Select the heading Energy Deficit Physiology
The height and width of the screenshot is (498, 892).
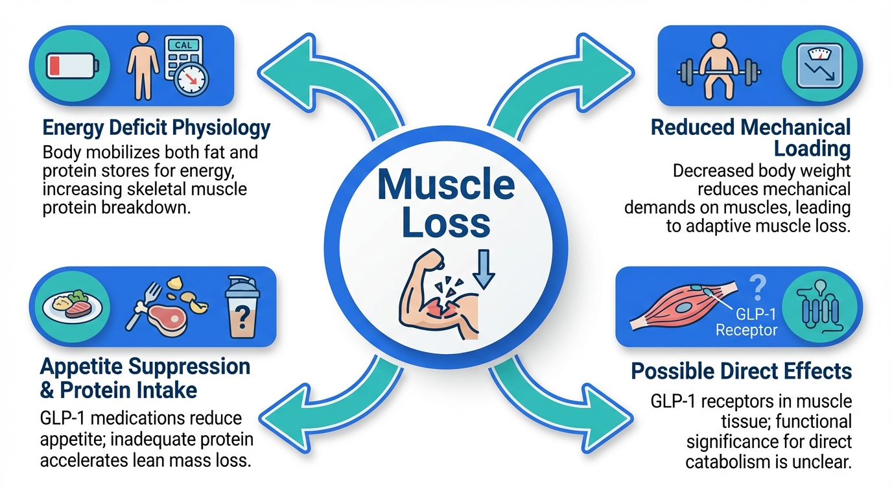point(156,128)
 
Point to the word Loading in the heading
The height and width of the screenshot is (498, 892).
point(812,148)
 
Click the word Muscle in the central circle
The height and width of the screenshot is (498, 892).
point(446,184)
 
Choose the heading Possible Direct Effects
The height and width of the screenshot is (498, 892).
point(742,372)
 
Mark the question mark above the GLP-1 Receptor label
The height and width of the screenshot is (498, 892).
point(757,286)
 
